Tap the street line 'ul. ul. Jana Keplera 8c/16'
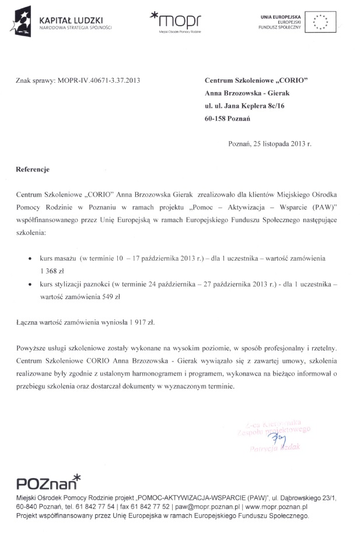244,106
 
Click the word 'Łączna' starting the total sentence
29,321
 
